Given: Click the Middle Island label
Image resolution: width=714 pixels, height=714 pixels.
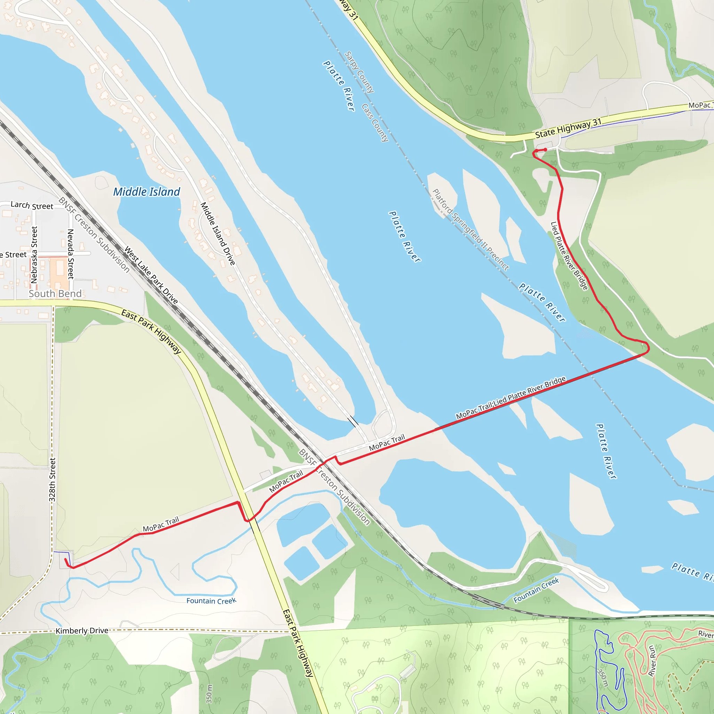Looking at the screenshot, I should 147,192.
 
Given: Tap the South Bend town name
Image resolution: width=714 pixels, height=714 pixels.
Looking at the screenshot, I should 55,294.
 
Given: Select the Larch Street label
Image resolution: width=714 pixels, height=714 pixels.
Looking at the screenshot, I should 32,205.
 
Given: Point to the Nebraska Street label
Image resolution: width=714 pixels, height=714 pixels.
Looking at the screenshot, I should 34,255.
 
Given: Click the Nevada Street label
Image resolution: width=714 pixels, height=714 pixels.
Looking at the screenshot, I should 70,254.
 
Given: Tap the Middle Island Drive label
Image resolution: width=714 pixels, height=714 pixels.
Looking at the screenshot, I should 218,234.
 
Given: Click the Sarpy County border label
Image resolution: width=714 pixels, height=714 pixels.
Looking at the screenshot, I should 359,72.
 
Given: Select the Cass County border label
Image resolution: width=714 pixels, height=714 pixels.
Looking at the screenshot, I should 375,123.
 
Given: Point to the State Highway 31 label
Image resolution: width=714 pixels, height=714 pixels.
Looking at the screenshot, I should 568,128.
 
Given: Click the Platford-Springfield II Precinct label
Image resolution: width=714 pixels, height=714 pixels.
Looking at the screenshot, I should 470,229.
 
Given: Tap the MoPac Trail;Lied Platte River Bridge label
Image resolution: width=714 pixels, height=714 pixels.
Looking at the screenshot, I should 511,398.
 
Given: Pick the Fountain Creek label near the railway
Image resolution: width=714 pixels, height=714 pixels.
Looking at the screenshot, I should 536,590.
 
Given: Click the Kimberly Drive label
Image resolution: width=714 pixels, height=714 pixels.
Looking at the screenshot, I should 82,630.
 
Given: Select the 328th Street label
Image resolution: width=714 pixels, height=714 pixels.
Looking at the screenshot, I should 52,480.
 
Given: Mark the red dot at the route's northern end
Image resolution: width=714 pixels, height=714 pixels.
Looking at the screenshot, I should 545,150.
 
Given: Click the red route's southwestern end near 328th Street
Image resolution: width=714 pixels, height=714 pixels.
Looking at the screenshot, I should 66,560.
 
